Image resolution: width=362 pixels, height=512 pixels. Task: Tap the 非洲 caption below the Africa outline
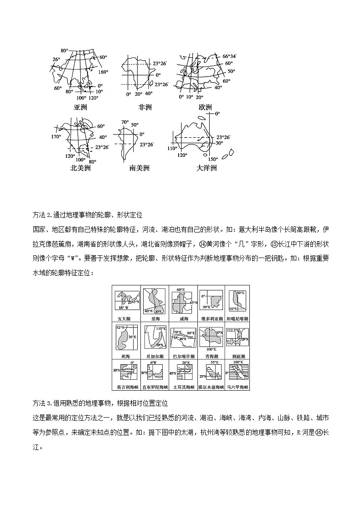click(139, 108)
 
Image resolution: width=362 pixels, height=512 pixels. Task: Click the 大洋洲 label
click(207, 168)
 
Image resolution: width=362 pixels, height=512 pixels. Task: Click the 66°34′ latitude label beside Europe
click(229, 56)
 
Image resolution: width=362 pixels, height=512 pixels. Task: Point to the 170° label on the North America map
click(55, 136)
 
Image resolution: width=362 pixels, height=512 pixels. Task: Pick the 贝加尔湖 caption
click(154, 356)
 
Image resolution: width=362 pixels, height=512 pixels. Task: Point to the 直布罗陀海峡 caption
click(154, 387)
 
